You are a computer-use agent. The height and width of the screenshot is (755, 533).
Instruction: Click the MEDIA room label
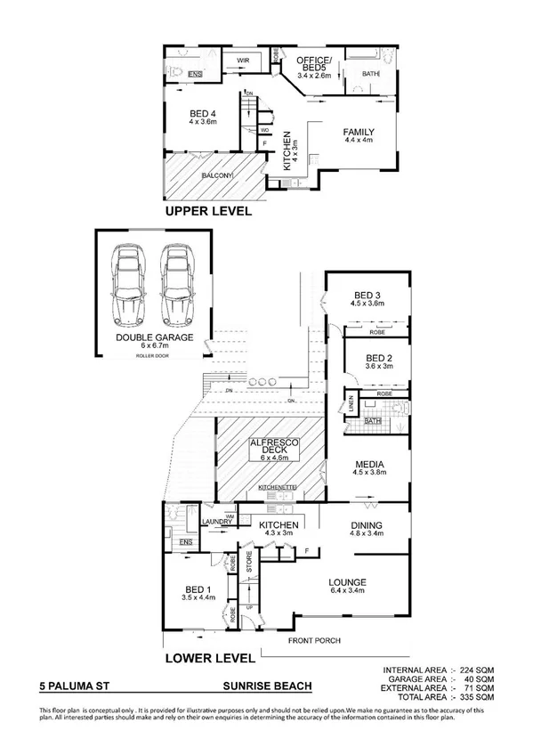367,465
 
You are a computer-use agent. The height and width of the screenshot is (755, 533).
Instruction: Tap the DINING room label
366,527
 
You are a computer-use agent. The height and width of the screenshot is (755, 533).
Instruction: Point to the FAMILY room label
359,133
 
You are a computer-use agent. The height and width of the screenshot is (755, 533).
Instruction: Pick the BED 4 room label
204,113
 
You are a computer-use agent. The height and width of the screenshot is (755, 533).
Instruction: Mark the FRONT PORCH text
312,640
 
